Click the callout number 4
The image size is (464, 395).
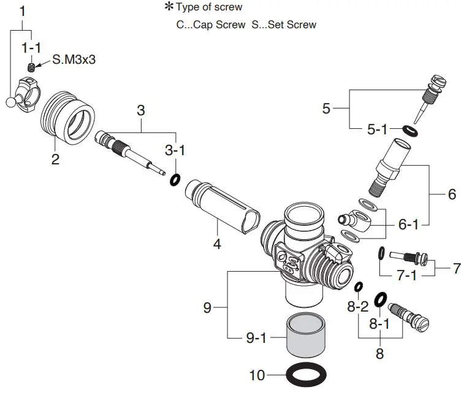[x=216, y=244]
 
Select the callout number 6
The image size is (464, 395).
[x=452, y=194]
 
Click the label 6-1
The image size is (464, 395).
[x=409, y=225]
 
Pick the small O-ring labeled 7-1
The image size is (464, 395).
[x=381, y=251]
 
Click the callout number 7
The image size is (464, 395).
[x=456, y=268]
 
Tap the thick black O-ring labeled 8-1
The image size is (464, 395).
[x=379, y=298]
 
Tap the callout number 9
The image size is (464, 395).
[x=207, y=308]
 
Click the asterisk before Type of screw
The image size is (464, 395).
[x=169, y=7]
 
